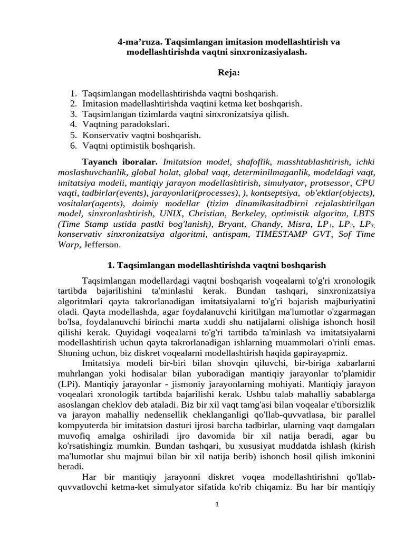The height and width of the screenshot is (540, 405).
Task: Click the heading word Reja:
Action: (229, 72)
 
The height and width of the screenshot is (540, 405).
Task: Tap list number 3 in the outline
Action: (73, 114)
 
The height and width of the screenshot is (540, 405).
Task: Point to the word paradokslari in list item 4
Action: (146, 124)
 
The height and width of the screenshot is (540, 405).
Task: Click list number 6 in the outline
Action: (73, 146)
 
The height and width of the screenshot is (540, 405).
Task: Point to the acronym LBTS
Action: (361, 213)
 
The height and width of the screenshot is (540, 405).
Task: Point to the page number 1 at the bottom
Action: (216, 504)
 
